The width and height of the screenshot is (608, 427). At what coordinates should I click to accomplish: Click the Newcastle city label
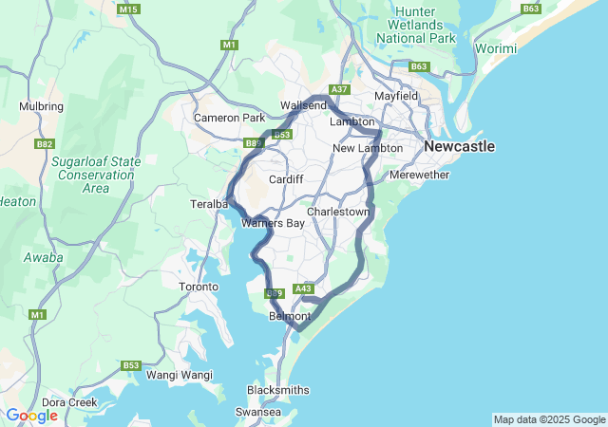[x=460, y=147]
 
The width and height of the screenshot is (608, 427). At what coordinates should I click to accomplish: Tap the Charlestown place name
[x=337, y=212]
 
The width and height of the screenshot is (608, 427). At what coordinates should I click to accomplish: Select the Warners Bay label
[x=273, y=224]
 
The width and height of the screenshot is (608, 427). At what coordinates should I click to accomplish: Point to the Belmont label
[x=290, y=316]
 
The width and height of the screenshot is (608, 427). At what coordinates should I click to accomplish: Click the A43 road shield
[x=304, y=288]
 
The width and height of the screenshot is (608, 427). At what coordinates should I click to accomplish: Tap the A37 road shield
[x=340, y=89]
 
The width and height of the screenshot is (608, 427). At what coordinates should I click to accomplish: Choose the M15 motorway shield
[x=129, y=9]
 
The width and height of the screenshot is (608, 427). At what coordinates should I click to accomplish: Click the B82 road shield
[x=45, y=144]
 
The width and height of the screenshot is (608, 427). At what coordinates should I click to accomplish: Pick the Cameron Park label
[x=229, y=118]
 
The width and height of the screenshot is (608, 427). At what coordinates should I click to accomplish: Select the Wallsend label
[x=303, y=105]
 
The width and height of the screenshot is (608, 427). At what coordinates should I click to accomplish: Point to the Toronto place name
[x=199, y=287]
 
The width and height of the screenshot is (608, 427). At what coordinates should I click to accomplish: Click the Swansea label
[x=257, y=413]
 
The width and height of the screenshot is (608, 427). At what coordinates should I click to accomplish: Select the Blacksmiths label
[x=277, y=390]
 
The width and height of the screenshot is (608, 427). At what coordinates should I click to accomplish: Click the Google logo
[x=31, y=416]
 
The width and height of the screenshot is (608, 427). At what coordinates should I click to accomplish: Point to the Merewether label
[x=419, y=176]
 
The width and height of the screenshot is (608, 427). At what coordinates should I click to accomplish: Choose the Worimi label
[x=497, y=48]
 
